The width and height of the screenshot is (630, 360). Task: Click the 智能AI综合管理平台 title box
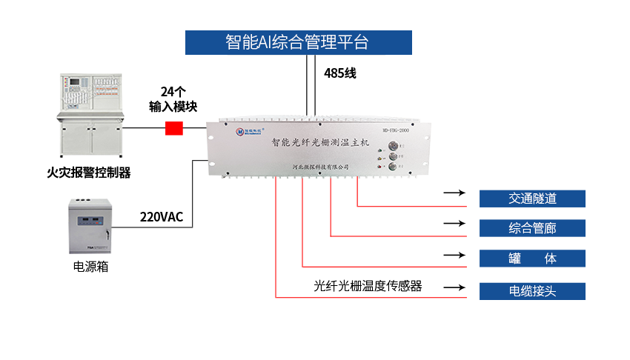point(298,41)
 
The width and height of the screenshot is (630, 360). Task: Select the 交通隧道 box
point(532,199)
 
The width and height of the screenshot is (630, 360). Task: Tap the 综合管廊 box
point(532,228)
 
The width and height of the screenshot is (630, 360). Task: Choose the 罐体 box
point(532,259)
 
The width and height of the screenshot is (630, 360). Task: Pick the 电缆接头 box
point(532,291)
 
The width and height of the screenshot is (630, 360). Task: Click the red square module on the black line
point(173,128)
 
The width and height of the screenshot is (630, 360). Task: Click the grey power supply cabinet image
point(90,222)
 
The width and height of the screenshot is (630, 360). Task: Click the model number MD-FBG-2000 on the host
point(395,130)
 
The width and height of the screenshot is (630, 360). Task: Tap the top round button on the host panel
point(393,145)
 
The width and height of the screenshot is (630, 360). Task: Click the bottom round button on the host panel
point(393,167)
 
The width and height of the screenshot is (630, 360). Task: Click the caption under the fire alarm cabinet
point(89,173)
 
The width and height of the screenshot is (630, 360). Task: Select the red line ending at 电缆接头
point(371,298)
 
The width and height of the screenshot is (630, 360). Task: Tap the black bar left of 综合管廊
point(454,224)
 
